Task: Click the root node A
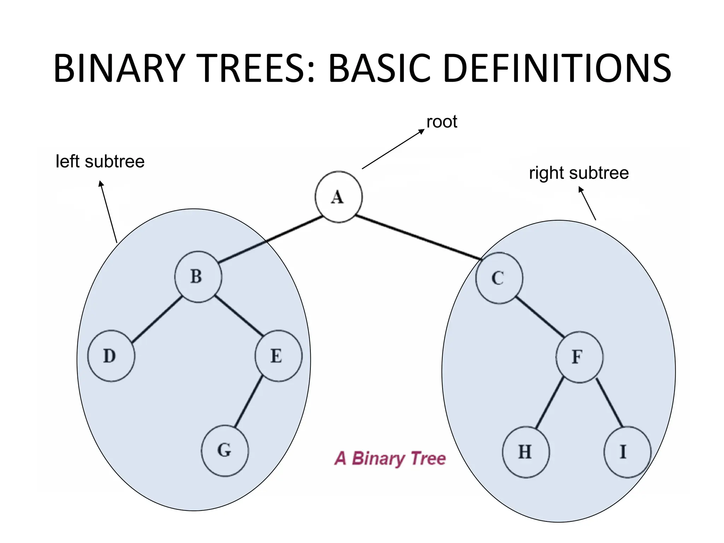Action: (x=338, y=197)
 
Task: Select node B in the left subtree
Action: (x=198, y=277)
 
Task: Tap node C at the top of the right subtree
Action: (x=499, y=278)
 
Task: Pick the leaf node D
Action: (x=111, y=356)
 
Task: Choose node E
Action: (x=278, y=356)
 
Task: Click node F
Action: (x=579, y=357)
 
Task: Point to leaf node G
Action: (x=225, y=450)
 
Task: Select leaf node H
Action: (x=526, y=452)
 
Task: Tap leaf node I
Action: (x=627, y=452)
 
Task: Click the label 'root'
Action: (x=442, y=122)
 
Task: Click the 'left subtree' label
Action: (x=100, y=162)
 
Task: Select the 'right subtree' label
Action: (x=579, y=173)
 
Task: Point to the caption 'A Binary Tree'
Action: (x=390, y=459)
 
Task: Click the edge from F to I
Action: (x=609, y=403)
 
